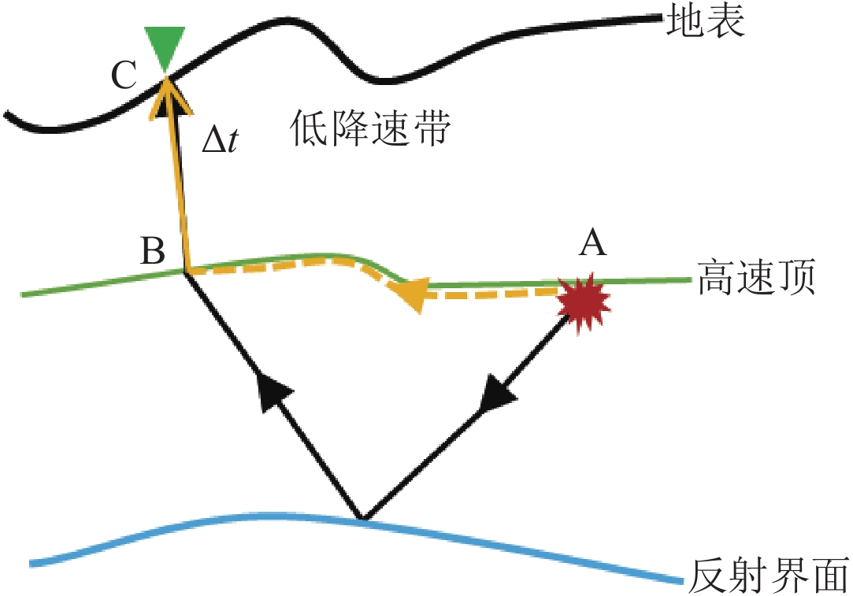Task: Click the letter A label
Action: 592,245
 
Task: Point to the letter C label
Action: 124,76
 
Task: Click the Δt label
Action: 222,143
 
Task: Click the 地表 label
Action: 705,23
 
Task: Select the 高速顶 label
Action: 754,279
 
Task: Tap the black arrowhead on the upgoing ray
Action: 273,391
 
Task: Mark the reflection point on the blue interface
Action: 362,519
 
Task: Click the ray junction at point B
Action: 186,272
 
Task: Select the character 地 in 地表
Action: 684,23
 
